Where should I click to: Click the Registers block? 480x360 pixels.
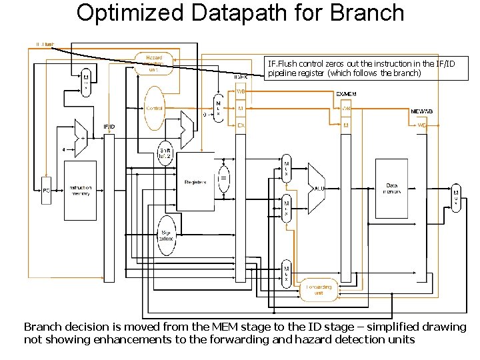195,181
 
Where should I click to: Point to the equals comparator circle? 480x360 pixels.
224,179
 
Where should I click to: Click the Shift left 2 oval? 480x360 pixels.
165,154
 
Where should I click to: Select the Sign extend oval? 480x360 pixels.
166,235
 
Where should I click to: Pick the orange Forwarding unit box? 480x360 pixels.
319,289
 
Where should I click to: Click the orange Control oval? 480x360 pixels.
154,108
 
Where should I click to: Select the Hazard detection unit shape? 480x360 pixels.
154,63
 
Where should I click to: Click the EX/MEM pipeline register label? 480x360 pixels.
345,94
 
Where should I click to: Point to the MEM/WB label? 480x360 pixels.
421,111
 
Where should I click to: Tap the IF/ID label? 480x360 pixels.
109,126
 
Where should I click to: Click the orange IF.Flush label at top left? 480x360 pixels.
45,45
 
